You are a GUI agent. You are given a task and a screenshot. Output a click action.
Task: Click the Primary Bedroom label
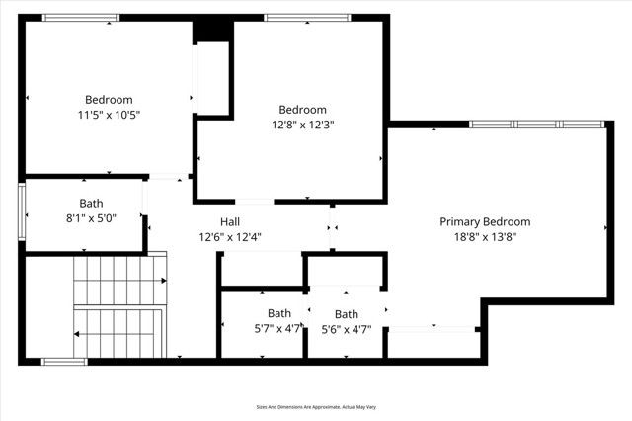485,222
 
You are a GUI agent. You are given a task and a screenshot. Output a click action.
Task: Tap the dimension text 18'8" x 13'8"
485,237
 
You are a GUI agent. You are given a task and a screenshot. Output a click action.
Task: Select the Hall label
229,222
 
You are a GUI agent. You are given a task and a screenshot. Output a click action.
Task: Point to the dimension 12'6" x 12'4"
229,237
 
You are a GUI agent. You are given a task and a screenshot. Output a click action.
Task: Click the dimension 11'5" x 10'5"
109,115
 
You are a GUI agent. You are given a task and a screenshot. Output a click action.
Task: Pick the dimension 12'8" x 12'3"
302,125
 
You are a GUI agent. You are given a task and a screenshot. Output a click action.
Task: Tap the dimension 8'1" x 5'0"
92,218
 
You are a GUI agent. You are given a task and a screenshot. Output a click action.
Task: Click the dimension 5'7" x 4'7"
279,329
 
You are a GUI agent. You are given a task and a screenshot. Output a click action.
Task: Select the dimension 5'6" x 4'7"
347,329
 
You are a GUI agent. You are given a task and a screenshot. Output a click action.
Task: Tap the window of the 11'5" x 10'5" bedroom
82,18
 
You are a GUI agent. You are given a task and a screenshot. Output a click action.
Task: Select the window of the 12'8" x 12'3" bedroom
306,18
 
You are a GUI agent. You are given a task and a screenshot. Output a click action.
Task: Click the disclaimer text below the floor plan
316,406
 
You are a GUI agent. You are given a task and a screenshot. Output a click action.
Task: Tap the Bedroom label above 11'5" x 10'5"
109,100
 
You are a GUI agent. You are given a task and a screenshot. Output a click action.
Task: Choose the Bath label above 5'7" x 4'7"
279,314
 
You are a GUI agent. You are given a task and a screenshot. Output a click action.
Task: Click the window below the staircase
64,361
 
